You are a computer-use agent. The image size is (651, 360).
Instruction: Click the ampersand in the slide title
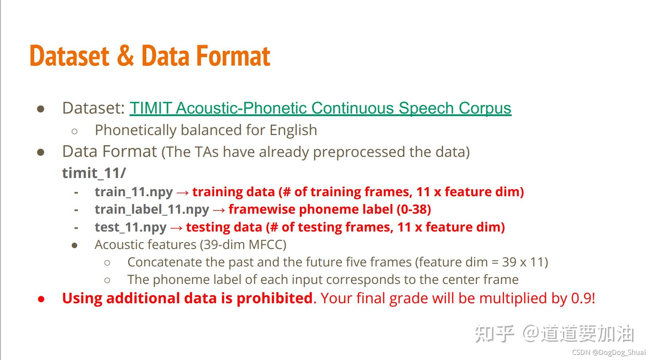point(125,56)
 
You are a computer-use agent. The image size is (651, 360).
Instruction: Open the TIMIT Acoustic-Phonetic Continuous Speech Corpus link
point(320,108)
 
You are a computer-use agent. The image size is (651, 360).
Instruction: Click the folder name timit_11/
point(94,173)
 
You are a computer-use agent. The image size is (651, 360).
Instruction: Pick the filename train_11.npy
point(134,192)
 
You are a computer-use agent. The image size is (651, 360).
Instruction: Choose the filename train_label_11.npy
point(152,209)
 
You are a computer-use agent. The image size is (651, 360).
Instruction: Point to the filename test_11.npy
point(131,227)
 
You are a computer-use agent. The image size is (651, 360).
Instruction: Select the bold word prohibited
point(274,298)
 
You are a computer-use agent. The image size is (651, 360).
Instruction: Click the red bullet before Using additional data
point(41,299)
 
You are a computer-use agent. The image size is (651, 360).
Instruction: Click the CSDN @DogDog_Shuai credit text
point(609,352)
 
